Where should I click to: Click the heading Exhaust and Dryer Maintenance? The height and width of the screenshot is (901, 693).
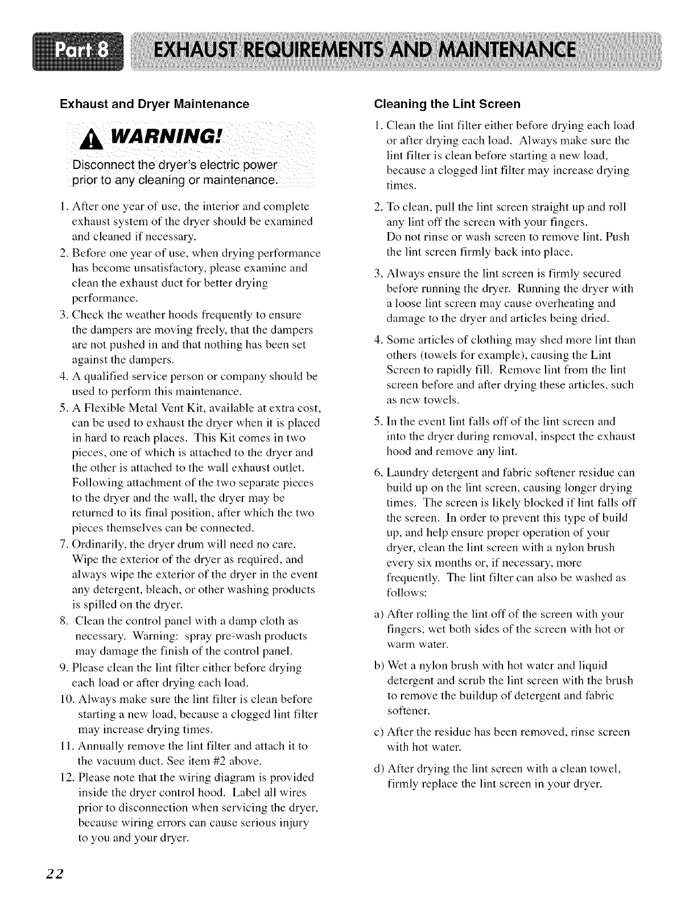pos(155,104)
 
